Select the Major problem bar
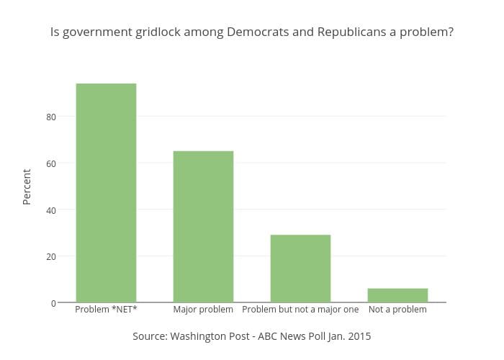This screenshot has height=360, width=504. (203, 226)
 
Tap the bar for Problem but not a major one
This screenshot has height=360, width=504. (300, 268)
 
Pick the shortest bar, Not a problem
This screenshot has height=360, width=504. (397, 295)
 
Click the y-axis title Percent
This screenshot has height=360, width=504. (27, 186)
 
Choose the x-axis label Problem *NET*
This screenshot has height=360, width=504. (106, 310)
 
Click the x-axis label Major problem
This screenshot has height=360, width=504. (203, 310)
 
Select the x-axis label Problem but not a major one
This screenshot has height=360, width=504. (300, 310)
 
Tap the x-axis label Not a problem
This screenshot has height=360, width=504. (397, 310)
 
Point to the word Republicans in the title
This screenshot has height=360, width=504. (354, 32)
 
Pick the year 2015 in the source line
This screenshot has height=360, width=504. (359, 336)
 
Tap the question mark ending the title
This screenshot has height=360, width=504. (450, 32)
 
